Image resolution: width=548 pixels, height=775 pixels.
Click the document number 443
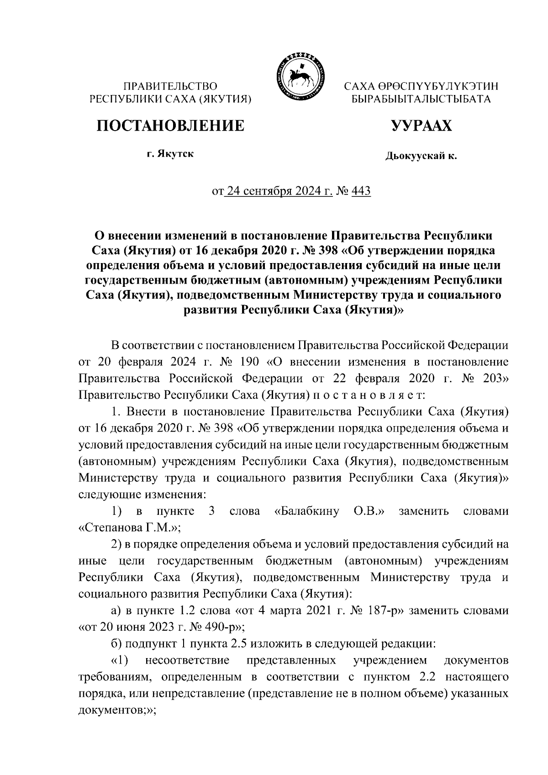point(361,190)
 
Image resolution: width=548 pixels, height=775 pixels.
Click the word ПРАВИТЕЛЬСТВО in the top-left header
point(170,85)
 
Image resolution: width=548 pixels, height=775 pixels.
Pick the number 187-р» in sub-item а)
point(383,611)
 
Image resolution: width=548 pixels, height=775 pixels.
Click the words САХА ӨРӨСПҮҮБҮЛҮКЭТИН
point(421,86)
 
